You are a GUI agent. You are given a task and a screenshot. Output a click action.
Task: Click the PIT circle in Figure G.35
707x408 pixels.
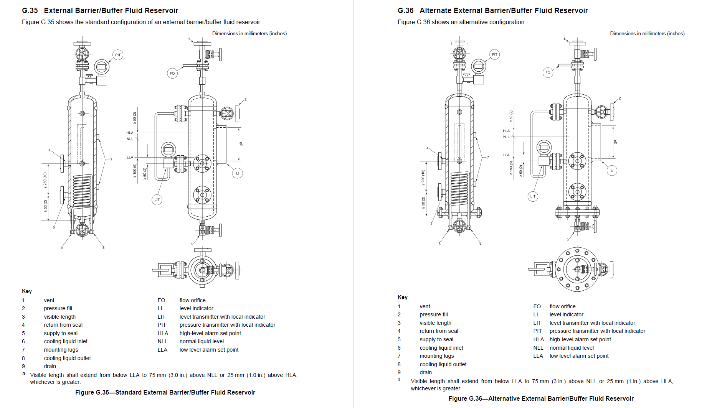point(118,55)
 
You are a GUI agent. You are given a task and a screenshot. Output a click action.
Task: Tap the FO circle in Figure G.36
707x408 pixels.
point(548,72)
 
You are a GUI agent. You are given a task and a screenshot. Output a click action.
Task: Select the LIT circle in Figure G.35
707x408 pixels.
point(157,199)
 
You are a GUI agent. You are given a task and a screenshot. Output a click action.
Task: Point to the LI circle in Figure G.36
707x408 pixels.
point(612,170)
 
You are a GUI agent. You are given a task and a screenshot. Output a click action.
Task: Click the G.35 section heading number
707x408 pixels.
point(30,11)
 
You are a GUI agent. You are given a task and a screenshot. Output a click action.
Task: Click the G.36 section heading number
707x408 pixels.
point(406,11)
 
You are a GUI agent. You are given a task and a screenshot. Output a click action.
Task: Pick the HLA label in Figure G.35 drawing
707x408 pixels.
point(130,133)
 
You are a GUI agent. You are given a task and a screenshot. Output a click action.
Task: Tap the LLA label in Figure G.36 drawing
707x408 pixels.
point(506,155)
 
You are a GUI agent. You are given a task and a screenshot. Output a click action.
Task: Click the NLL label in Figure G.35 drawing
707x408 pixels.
point(130,139)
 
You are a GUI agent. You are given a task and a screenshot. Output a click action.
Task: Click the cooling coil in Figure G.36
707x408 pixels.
point(459,188)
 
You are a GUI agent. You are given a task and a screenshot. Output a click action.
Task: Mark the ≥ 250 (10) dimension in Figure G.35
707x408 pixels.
point(45,180)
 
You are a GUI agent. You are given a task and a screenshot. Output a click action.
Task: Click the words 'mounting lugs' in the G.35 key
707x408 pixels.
point(61,350)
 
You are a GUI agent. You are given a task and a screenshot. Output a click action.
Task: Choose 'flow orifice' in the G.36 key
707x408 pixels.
point(562,306)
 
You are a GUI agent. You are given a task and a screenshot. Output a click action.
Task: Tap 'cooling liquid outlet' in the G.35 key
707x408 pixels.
point(67,358)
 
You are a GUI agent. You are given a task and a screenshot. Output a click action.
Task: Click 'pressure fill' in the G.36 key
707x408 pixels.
point(434,314)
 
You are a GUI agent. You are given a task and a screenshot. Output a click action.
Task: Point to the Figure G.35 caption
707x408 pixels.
point(165,392)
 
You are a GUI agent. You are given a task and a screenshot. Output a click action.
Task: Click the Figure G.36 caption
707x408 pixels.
point(541,398)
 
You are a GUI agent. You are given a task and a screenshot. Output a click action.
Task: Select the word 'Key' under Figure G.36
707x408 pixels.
point(403,297)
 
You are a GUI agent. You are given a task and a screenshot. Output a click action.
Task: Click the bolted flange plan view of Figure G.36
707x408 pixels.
point(577,269)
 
